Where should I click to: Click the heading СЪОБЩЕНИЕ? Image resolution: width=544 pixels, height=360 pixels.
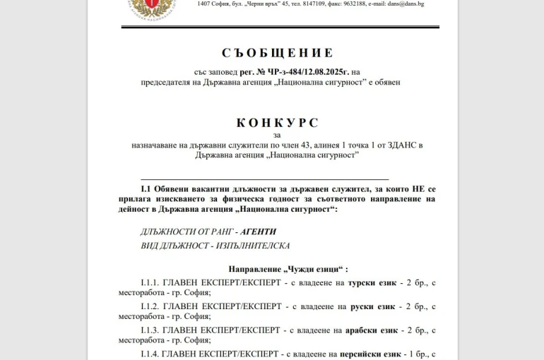coord(277,53)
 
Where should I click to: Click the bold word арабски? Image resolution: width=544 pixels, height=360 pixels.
coord(364,330)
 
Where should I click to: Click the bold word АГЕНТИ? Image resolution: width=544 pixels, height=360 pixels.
coord(258,231)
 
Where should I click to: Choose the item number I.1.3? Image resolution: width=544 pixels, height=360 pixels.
coord(150,330)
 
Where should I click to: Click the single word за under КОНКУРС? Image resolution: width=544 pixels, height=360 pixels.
coord(277,134)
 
